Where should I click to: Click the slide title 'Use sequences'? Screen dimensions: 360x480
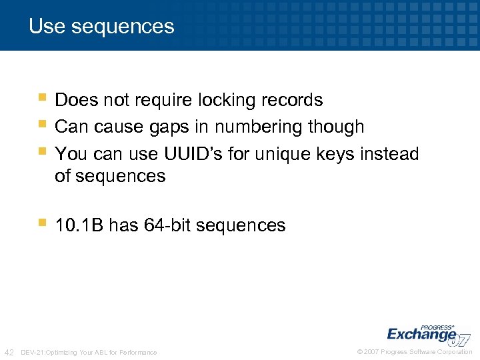pos(101,27)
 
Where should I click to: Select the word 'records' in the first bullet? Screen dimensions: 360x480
pos(293,101)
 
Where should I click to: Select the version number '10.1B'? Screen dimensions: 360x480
pos(79,225)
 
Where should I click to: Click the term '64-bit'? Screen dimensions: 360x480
pos(163,225)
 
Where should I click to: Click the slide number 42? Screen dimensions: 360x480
pos(10,352)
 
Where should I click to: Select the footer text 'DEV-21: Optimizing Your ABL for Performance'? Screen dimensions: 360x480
pos(89,352)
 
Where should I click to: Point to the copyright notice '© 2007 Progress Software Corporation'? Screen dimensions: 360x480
pos(415,352)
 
